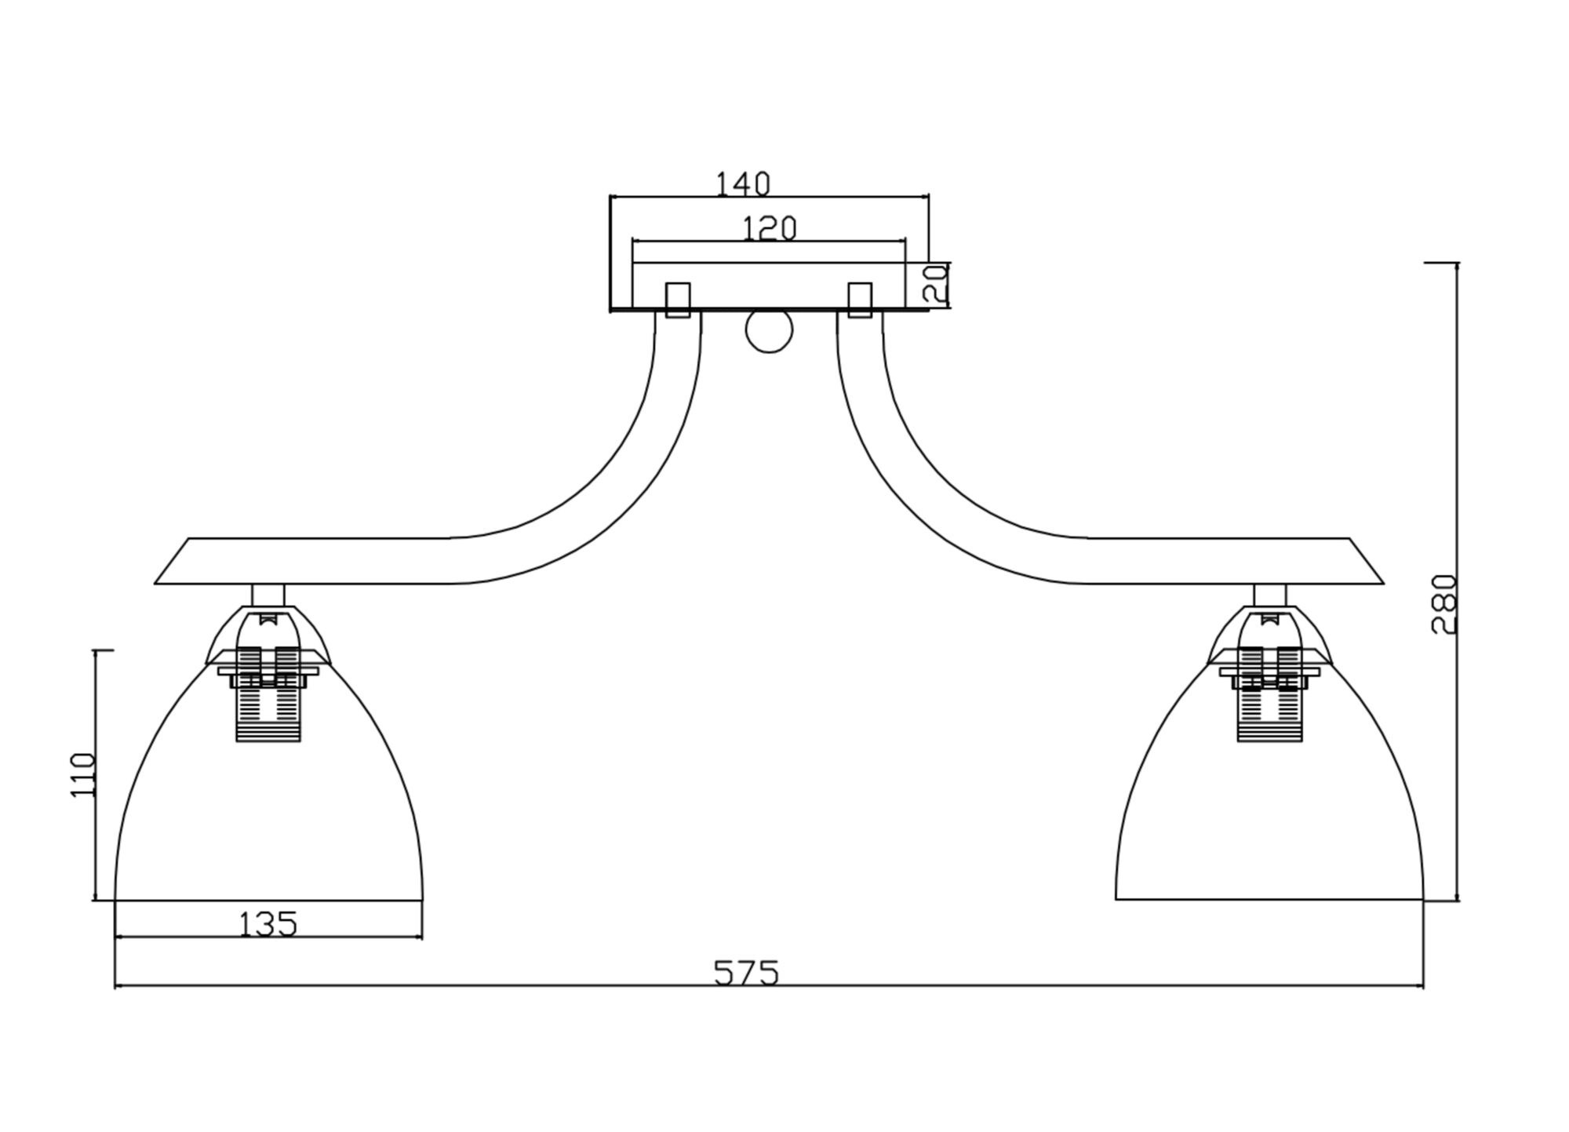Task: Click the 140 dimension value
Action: [x=742, y=184]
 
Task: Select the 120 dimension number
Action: [x=769, y=228]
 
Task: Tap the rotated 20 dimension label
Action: [x=936, y=283]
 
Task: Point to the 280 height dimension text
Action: [x=1444, y=604]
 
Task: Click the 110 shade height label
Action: [x=82, y=775]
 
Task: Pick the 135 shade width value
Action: [x=268, y=924]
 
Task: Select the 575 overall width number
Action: [x=746, y=973]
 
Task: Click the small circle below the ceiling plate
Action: [x=769, y=330]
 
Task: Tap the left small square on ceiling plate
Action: [x=678, y=300]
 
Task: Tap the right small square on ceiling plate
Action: [x=860, y=300]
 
